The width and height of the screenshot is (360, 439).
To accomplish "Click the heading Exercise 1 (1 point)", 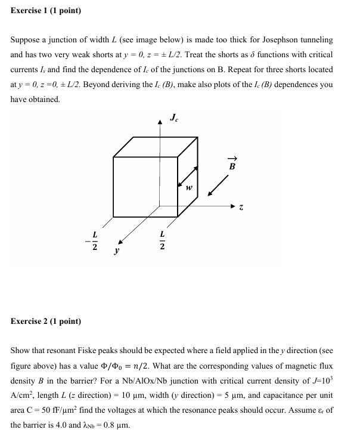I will (x=46, y=11).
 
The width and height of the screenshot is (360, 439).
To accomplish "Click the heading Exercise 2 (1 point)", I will (x=46, y=321).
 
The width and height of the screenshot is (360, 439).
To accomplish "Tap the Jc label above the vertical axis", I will (x=173, y=118).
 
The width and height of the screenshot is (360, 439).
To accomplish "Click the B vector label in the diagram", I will (x=232, y=163).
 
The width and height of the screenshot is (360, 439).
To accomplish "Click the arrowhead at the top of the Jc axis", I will (x=159, y=122).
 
